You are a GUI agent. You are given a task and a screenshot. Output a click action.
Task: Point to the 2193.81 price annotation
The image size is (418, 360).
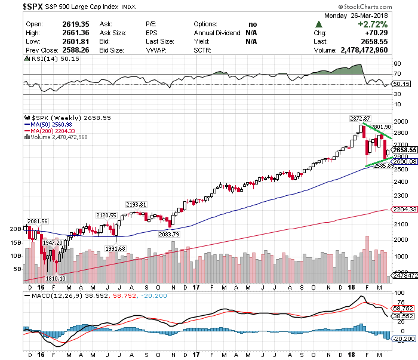(x=136, y=205)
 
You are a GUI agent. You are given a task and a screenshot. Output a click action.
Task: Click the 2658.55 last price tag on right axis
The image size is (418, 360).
(x=404, y=150)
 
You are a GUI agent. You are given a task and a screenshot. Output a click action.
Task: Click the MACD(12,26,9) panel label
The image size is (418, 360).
(x=51, y=296)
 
